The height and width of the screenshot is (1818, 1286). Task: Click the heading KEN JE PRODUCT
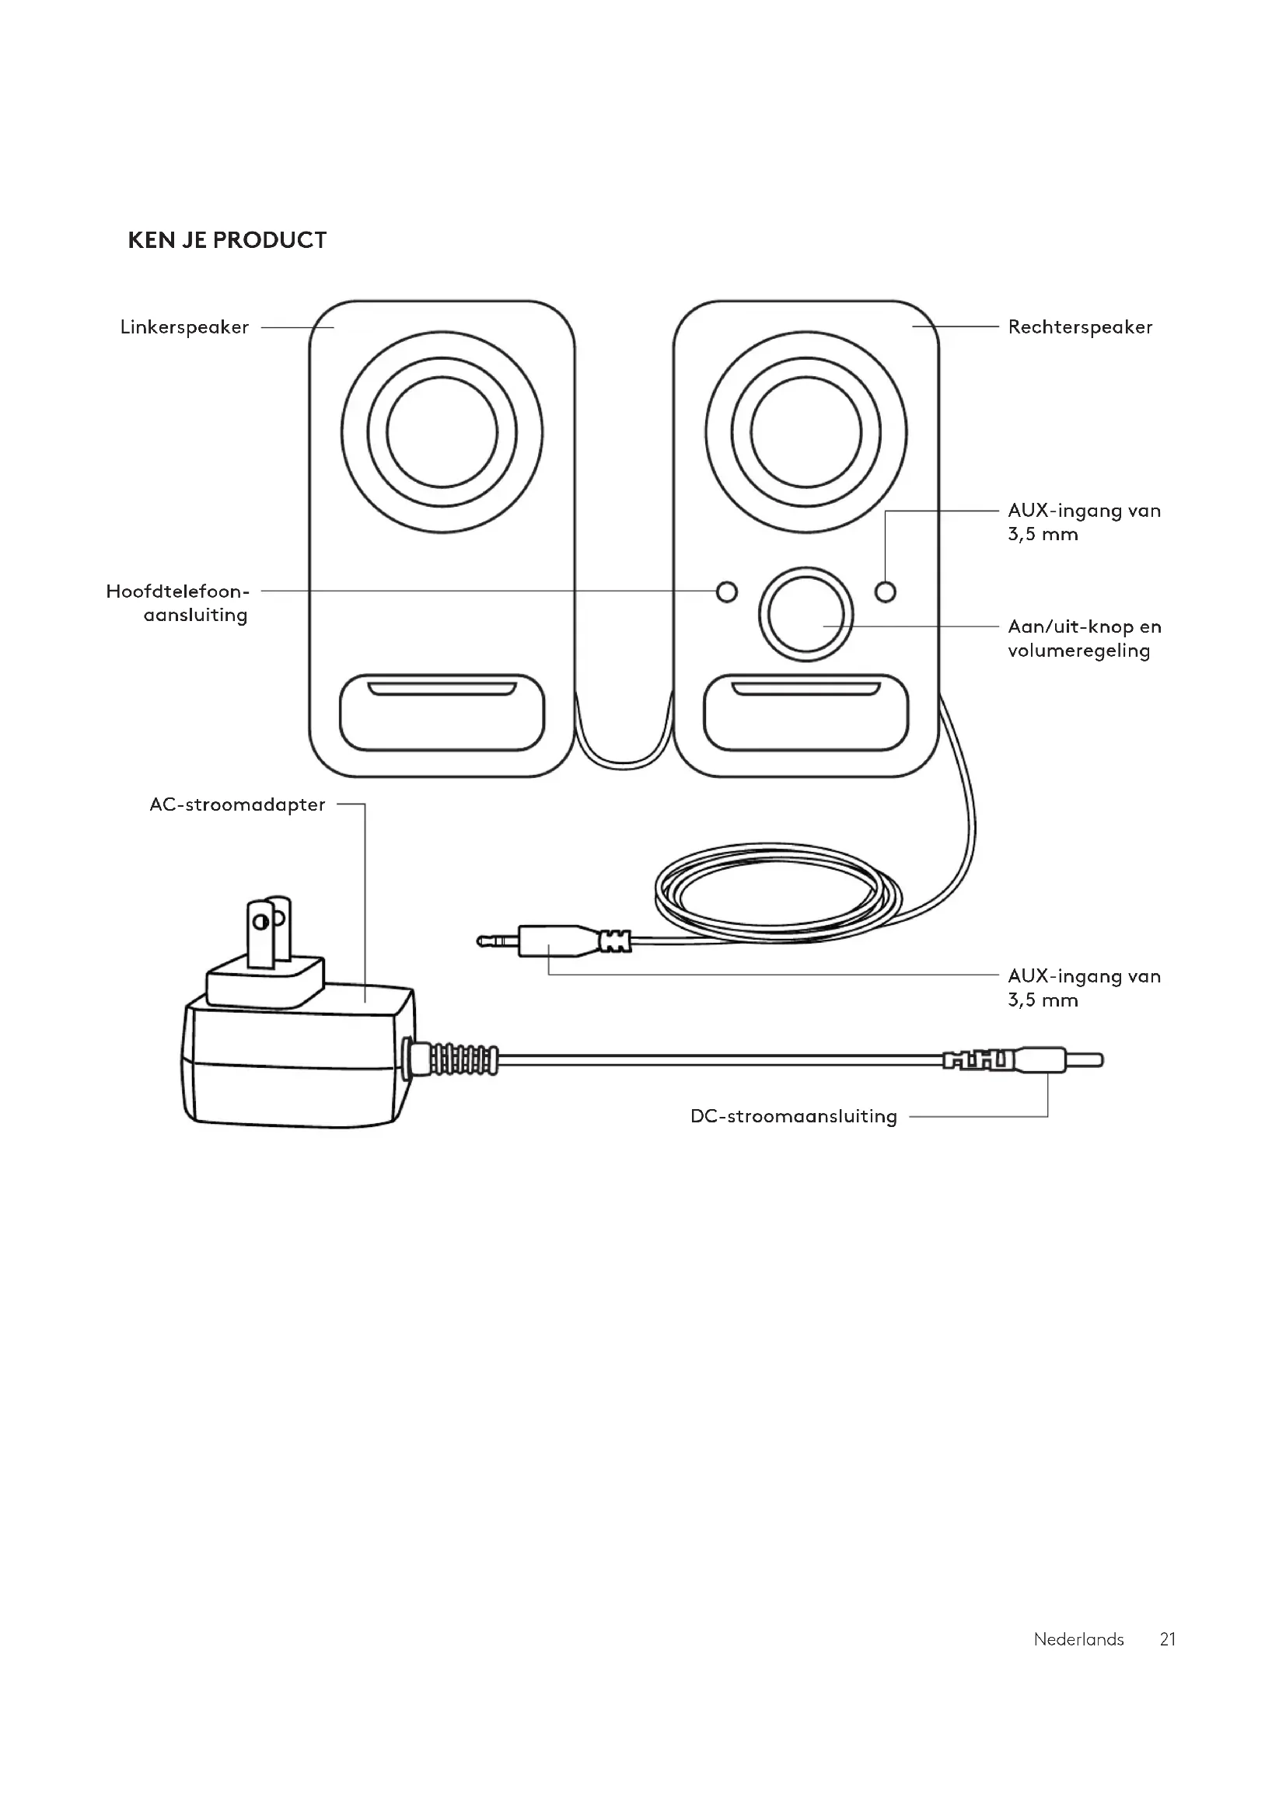tap(227, 240)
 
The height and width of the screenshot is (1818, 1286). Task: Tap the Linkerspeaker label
tap(184, 327)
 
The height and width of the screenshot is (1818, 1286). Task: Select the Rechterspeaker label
tap(1080, 327)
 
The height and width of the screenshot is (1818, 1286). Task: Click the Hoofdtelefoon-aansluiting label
tap(177, 602)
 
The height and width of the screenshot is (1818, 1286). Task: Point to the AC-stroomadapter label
tap(238, 804)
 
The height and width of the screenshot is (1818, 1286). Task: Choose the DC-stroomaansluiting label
tap(794, 1116)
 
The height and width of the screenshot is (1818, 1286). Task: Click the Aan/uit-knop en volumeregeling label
tap(1084, 638)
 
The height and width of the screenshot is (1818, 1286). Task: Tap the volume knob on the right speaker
tap(806, 615)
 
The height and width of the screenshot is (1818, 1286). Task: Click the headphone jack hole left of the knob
tap(726, 591)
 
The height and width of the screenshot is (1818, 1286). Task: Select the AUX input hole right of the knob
tap(886, 591)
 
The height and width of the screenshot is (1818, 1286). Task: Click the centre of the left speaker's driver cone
tap(442, 432)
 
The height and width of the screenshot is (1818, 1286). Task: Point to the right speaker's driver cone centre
tap(806, 432)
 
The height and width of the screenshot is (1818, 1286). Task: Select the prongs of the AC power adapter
tap(269, 932)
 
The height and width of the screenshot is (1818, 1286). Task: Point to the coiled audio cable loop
tap(778, 891)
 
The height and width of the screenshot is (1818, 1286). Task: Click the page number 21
tap(1168, 1639)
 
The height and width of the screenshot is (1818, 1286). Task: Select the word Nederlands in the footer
tap(1078, 1639)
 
